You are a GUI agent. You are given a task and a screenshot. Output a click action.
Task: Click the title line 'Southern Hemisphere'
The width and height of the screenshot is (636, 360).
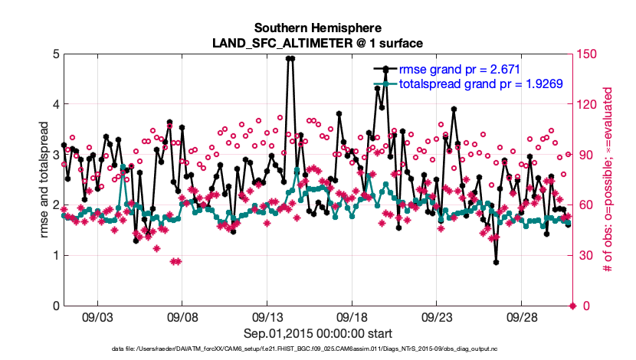click(x=317, y=27)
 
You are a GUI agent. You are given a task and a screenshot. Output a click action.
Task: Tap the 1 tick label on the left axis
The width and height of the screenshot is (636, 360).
click(x=55, y=256)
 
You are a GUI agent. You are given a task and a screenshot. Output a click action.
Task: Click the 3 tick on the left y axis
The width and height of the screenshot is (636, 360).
click(x=55, y=155)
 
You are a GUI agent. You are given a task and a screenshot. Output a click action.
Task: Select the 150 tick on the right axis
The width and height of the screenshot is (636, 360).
click(x=588, y=54)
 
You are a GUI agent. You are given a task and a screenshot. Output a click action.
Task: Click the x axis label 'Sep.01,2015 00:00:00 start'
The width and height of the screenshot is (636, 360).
click(x=317, y=333)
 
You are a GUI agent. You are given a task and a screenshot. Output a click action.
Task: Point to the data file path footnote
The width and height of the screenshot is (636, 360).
click(x=317, y=350)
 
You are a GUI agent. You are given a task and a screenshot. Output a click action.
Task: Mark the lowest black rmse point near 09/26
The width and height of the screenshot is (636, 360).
click(x=497, y=263)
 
